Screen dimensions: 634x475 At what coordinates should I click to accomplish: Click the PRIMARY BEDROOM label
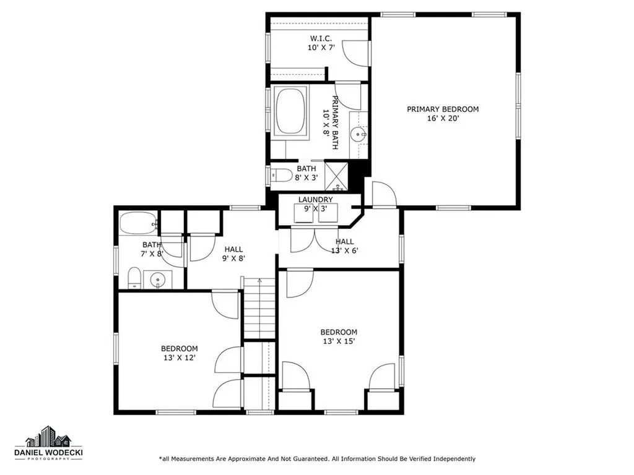(443, 109)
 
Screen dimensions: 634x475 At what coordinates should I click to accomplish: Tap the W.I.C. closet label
(321, 38)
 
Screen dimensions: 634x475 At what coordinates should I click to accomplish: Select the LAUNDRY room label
(315, 200)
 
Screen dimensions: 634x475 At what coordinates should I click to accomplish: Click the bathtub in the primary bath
(291, 111)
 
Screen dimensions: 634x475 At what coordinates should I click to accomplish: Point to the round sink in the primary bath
(358, 134)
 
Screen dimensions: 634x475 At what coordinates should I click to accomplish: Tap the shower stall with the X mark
(336, 176)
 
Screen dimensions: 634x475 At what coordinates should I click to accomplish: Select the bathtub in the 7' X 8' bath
(138, 223)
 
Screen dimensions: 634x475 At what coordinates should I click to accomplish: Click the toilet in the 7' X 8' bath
(134, 278)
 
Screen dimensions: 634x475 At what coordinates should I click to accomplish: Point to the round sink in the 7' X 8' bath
(157, 279)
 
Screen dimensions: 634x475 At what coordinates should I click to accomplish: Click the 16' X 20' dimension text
(443, 118)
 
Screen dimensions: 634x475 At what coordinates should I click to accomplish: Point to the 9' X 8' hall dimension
(233, 258)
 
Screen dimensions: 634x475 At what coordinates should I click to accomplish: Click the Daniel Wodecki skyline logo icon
(48, 436)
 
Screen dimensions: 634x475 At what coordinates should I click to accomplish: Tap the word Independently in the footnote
(454, 459)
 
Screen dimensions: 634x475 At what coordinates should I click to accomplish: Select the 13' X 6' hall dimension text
(344, 250)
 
